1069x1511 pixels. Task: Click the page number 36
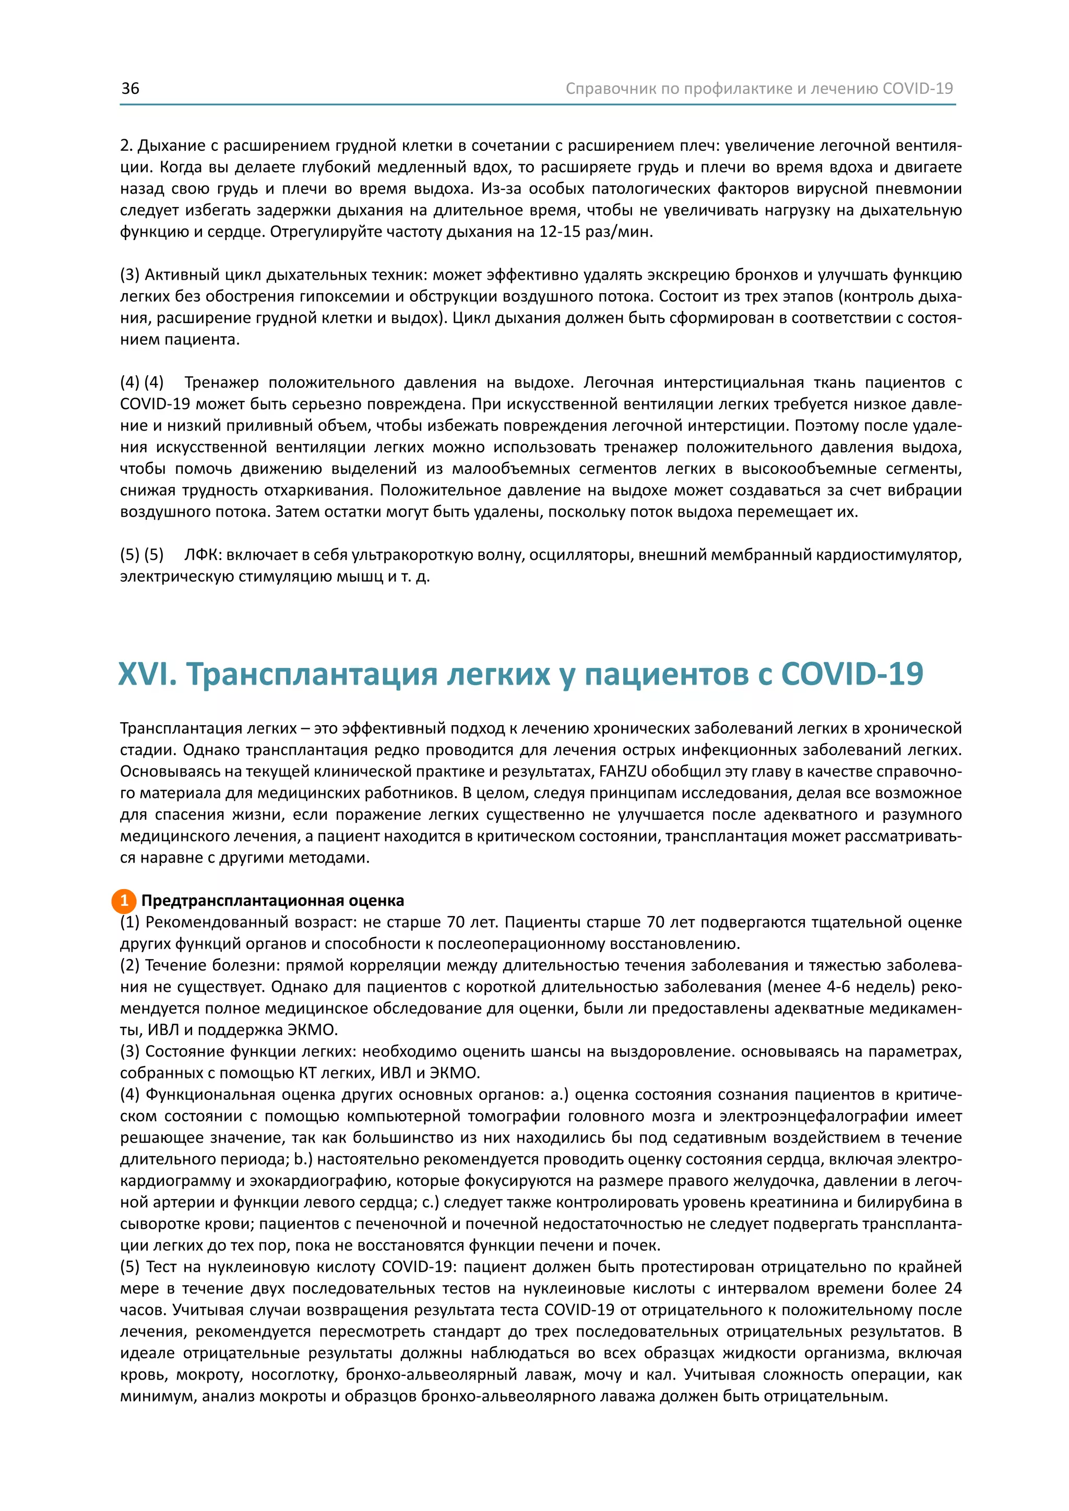[x=130, y=89]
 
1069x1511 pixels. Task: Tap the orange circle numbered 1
[x=124, y=901]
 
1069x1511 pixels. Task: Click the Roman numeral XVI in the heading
[x=147, y=674]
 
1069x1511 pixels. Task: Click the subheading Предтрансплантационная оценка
[x=272, y=901]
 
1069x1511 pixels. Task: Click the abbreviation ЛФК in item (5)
[x=201, y=555]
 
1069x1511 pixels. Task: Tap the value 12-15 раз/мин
[x=596, y=232]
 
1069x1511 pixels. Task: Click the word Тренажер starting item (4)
[x=221, y=382]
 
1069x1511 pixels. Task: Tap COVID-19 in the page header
[x=918, y=89]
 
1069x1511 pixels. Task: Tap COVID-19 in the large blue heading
[x=852, y=674]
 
